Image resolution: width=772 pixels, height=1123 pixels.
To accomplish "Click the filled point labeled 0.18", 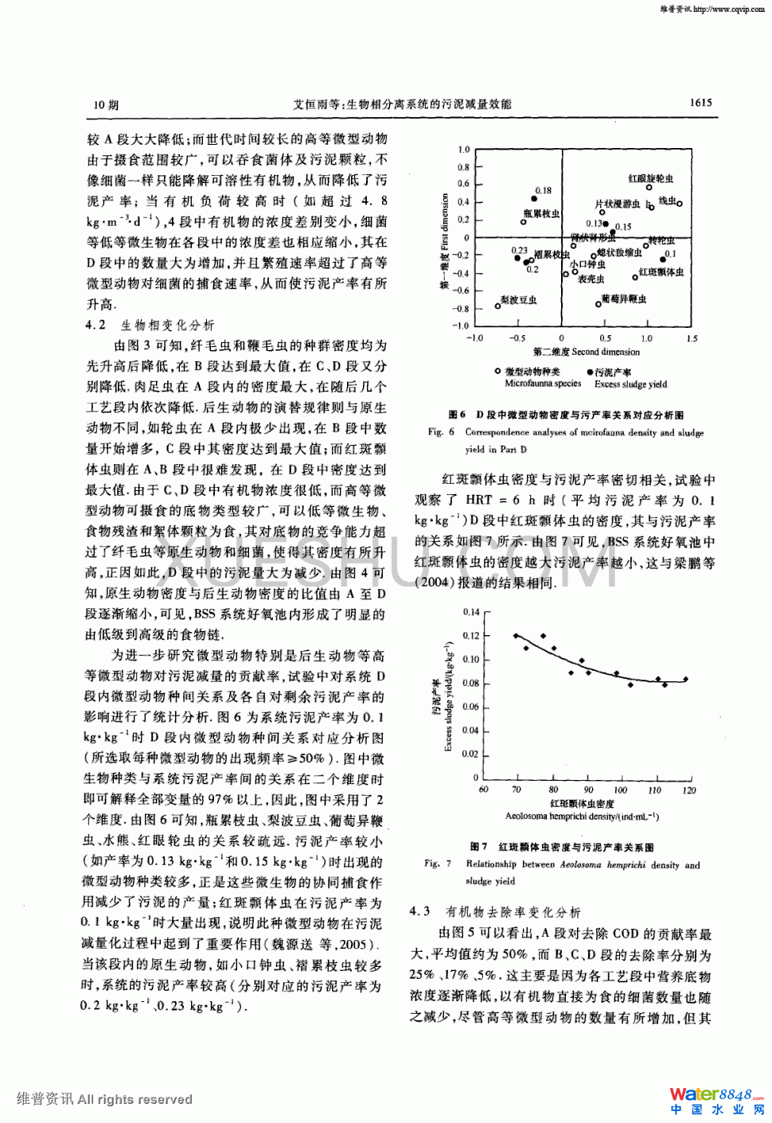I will click(535, 199).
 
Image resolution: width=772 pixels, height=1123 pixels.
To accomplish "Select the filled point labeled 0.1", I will click(662, 259).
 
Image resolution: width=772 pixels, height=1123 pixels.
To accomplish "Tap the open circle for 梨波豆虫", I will click(498, 306).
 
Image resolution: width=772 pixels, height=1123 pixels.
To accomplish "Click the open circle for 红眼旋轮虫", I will click(649, 188).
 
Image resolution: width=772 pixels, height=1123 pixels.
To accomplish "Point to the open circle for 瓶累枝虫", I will click(524, 222).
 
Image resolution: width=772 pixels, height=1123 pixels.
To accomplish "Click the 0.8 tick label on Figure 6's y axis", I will click(463, 167).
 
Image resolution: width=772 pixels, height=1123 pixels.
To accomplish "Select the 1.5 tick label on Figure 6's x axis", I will click(692, 338).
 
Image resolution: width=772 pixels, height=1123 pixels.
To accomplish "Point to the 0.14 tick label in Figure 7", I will click(471, 612).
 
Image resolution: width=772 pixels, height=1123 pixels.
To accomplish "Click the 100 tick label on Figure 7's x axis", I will click(621, 790).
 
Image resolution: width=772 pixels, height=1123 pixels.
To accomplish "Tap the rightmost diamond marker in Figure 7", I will click(685, 679).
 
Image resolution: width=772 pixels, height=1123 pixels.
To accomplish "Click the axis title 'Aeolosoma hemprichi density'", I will click(581, 817).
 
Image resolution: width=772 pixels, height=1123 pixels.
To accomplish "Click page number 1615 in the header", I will click(701, 103).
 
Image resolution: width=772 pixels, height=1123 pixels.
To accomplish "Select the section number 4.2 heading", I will click(96, 325).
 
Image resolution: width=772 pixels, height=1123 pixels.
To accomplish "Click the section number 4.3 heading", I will click(420, 912).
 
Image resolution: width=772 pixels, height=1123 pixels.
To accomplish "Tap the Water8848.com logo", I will click(716, 1100).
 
